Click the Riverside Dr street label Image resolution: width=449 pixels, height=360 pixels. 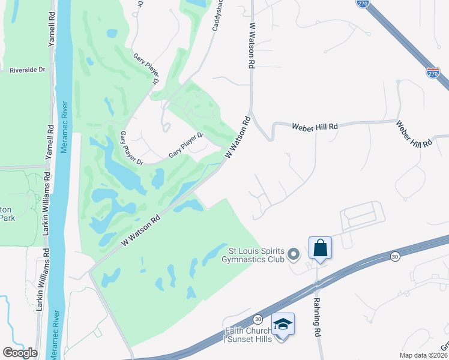point(27,70)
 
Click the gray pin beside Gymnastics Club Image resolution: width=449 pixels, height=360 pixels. point(293,255)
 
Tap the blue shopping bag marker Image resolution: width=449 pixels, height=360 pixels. point(320,248)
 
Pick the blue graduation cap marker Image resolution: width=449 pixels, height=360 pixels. point(283,325)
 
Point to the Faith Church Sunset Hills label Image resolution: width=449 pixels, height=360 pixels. point(249,335)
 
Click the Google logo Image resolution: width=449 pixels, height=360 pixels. point(20,353)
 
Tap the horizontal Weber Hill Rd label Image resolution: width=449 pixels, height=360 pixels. point(315,127)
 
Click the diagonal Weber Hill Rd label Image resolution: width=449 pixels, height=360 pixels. point(414,134)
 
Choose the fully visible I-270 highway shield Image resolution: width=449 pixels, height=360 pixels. point(433,72)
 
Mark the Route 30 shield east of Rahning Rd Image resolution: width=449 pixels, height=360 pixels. point(394,256)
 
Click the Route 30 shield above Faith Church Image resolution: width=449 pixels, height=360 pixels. point(258,318)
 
